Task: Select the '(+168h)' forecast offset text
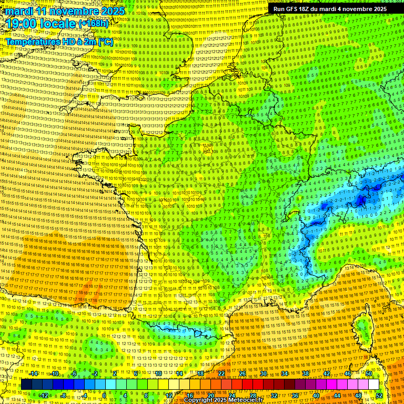tap(94, 24)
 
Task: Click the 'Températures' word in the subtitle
tap(32, 41)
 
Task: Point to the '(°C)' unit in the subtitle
tap(104, 41)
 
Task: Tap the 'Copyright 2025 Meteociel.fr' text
tap(224, 400)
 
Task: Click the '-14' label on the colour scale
tap(34, 373)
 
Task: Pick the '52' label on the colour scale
tap(379, 395)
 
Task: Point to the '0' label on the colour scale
tap(104, 395)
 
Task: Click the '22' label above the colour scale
tap(221, 373)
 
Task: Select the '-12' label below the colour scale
tap(44, 395)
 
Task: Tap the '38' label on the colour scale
tap(305, 373)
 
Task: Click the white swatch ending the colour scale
tap(373, 384)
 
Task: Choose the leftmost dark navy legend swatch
tap(27, 384)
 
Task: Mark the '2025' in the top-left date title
tap(112, 11)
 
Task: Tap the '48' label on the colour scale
tap(358, 395)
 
